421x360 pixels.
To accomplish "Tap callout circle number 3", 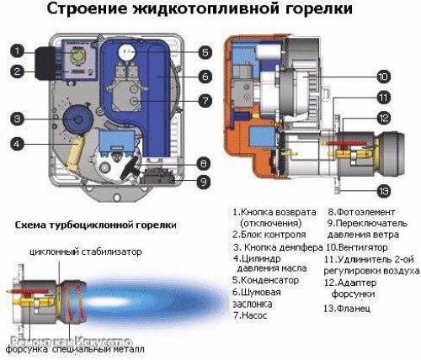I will [17, 116].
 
